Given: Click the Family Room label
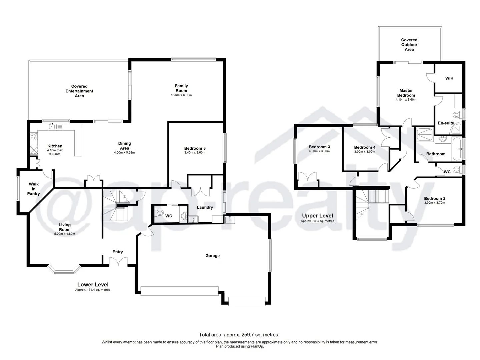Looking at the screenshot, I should [181, 88].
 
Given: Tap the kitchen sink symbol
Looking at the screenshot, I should [52, 126].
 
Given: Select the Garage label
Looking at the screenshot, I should [212, 256].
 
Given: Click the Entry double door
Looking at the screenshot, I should [118, 261].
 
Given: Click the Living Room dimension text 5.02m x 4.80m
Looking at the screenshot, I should [65, 234].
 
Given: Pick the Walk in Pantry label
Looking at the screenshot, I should [34, 189].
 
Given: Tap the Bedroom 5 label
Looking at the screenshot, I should [195, 148].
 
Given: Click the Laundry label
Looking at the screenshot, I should [205, 207].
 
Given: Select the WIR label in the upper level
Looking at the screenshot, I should [449, 78].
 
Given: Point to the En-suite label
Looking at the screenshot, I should [446, 123].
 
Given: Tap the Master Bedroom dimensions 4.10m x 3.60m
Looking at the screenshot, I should [406, 100].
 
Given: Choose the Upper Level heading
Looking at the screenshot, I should [317, 216].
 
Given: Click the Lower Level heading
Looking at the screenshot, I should [93, 284].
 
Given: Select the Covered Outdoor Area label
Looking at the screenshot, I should [409, 45].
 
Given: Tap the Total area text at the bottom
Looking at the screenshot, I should [238, 335].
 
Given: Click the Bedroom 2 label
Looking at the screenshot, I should [435, 198].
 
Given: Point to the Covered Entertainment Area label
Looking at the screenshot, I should [79, 91].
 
